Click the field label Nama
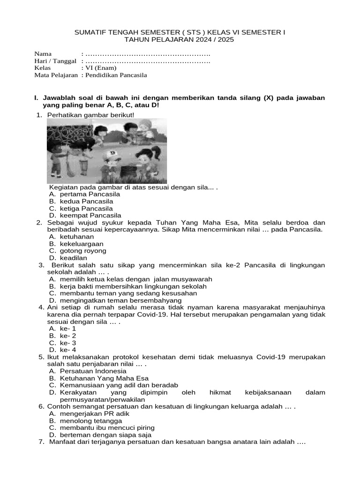pyautogui.click(x=43, y=53)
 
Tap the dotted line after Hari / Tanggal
pyautogui.click(x=148, y=60)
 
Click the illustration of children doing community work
pyautogui.click(x=107, y=150)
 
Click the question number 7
pyautogui.click(x=41, y=442)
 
